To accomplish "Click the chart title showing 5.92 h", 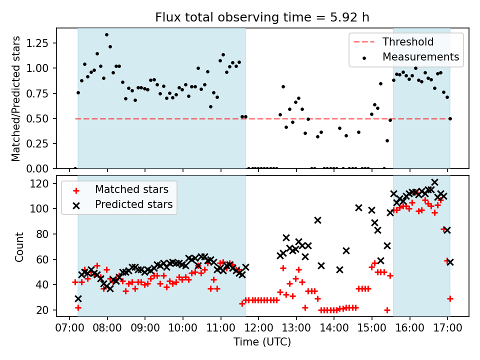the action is (x=262, y=17).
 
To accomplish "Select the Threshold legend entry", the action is (x=393, y=41).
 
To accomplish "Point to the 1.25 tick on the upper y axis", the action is (x=37, y=43).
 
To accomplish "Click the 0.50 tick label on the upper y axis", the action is (x=37, y=119).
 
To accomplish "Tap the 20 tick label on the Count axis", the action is (x=42, y=310).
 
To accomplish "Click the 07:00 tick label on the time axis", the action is (x=69, y=328).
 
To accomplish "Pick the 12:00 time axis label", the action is (x=258, y=328).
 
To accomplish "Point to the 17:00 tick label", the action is (x=447, y=328).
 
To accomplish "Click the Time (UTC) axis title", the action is (x=262, y=341).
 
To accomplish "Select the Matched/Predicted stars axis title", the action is (x=15, y=98).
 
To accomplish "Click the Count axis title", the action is (x=19, y=247).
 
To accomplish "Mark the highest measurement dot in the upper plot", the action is (x=106, y=35).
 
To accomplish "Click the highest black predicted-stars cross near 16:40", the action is (x=434, y=182).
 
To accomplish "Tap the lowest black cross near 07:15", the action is (x=78, y=298).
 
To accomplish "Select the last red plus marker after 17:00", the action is (x=449, y=298).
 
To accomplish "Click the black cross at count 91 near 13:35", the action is (x=318, y=220).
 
